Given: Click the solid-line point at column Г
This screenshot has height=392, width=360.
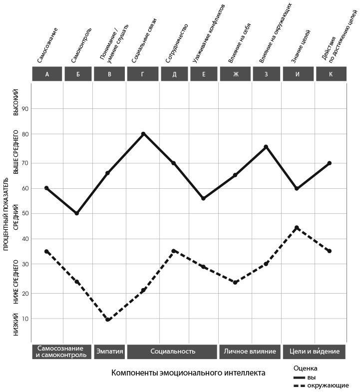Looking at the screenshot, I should pyautogui.click(x=143, y=134).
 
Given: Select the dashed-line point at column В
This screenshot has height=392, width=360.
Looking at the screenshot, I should pyautogui.click(x=108, y=320).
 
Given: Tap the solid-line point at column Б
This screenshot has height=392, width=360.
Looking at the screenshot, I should pyautogui.click(x=77, y=213).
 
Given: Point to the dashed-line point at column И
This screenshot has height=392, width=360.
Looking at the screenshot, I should pyautogui.click(x=297, y=228).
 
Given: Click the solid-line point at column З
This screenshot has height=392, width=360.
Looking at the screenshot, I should pyautogui.click(x=266, y=147).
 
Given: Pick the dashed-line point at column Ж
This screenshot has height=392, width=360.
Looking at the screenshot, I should pyautogui.click(x=235, y=283).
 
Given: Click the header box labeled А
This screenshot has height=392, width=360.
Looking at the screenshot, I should pyautogui.click(x=47, y=74).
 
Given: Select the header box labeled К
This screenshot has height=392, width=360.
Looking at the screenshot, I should pyautogui.click(x=330, y=74).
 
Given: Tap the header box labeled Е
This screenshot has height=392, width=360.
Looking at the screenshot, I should pyautogui.click(x=204, y=74).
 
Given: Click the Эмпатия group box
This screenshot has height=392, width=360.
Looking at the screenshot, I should pyautogui.click(x=109, y=351).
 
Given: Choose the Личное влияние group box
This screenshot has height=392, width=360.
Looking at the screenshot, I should pyautogui.click(x=250, y=351).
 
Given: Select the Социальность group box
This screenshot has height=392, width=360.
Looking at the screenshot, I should pyautogui.click(x=172, y=351).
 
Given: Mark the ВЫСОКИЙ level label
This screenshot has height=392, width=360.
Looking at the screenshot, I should pyautogui.click(x=15, y=102).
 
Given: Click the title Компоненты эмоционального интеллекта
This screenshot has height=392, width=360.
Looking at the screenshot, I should pyautogui.click(x=188, y=373).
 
